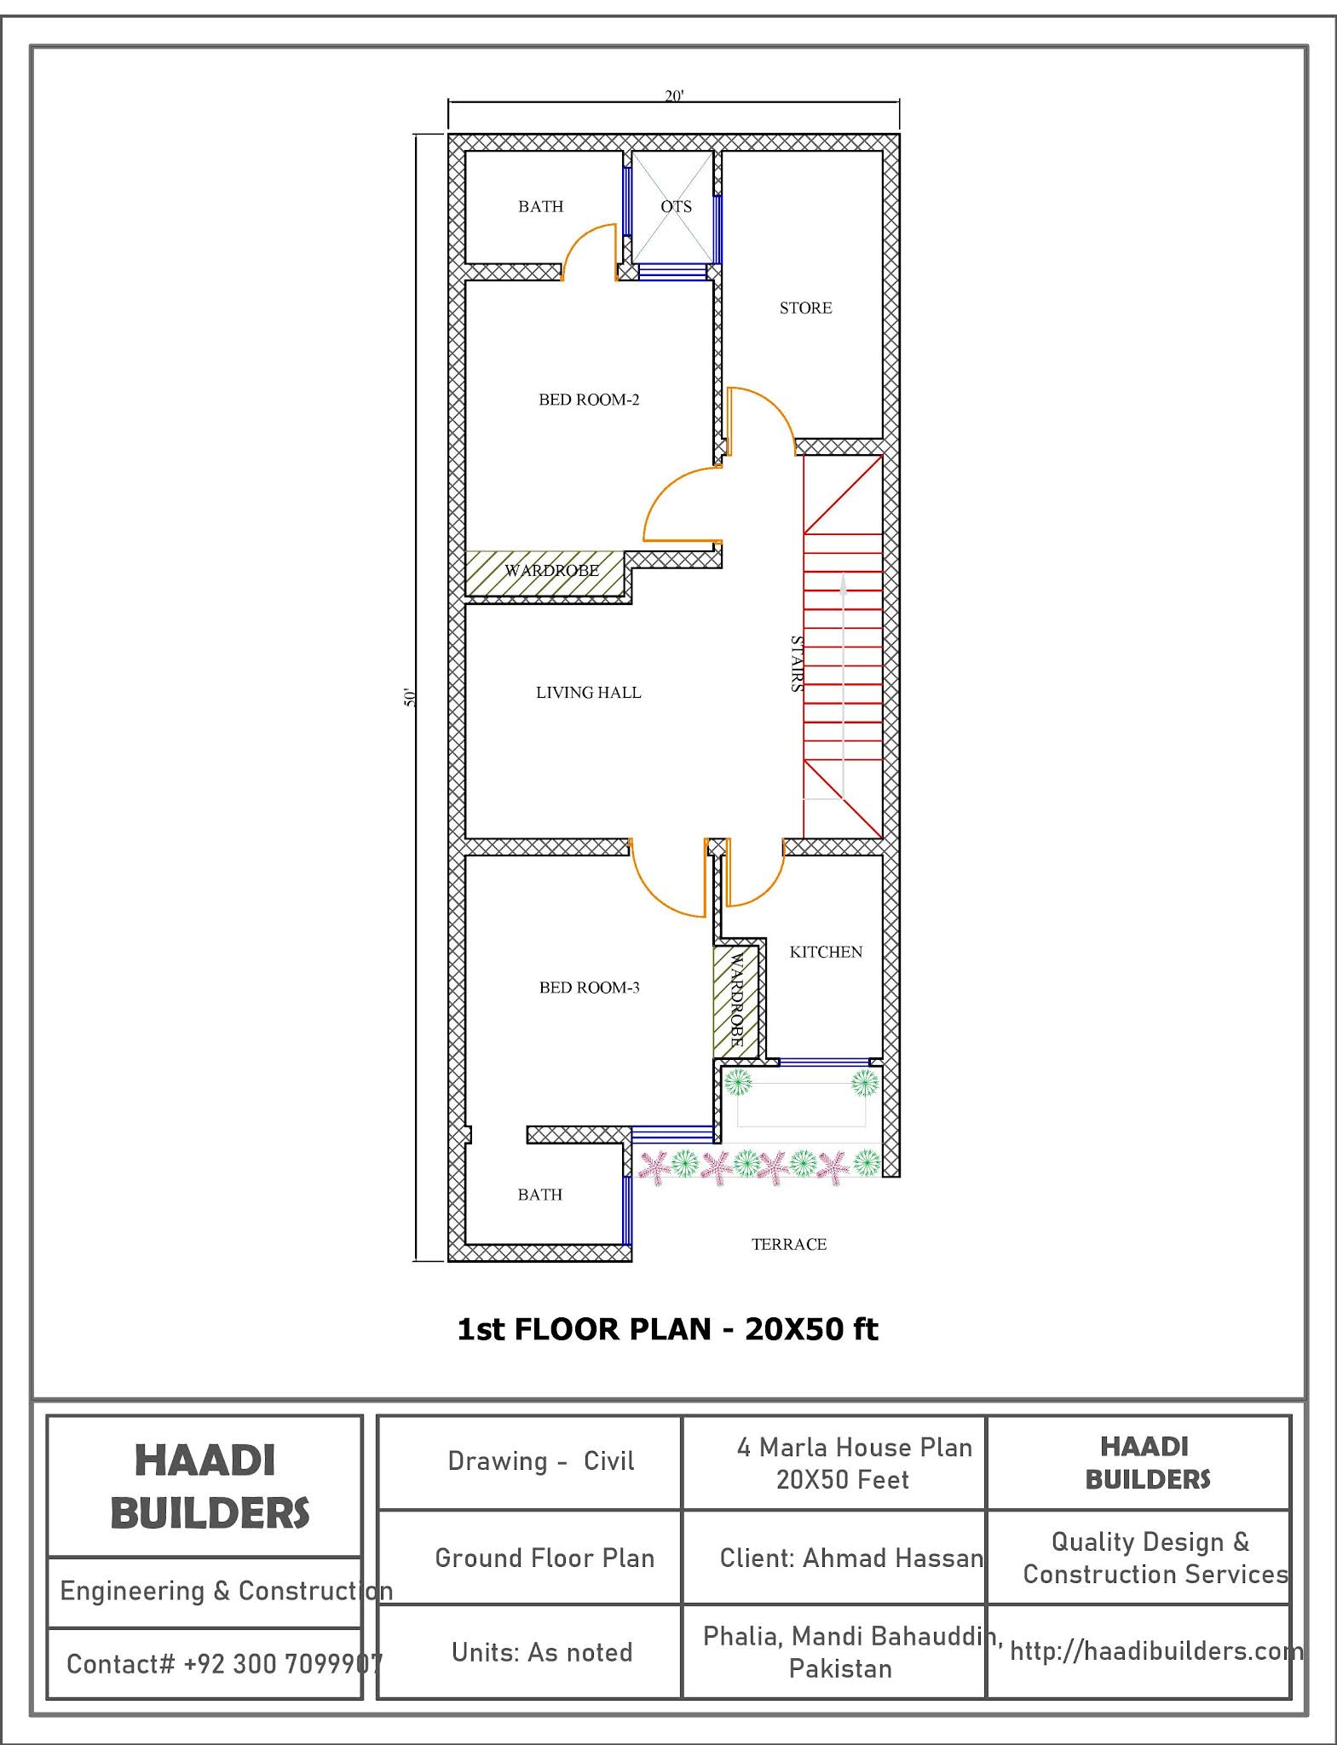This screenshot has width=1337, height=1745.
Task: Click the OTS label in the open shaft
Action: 676,206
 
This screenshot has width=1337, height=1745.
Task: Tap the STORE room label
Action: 805,308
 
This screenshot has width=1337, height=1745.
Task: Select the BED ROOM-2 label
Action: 589,400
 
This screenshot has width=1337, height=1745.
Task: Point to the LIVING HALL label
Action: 588,693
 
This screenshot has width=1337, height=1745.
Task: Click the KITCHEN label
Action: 826,952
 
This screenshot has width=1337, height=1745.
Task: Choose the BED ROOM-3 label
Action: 589,988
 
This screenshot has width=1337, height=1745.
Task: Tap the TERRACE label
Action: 789,1244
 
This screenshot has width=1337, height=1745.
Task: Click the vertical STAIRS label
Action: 796,664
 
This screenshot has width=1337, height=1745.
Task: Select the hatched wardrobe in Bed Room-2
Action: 545,572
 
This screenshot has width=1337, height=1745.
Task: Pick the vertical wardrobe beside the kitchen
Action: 735,1000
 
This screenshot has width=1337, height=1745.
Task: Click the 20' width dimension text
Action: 674,95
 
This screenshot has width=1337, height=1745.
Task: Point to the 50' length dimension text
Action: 410,697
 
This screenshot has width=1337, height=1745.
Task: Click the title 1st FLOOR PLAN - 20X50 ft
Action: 667,1329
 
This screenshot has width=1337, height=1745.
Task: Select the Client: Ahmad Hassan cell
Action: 850,1558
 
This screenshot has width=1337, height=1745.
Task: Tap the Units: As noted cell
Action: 542,1652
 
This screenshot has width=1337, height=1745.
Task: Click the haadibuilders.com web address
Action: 1155,1651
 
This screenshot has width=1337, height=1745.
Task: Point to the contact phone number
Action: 224,1663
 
